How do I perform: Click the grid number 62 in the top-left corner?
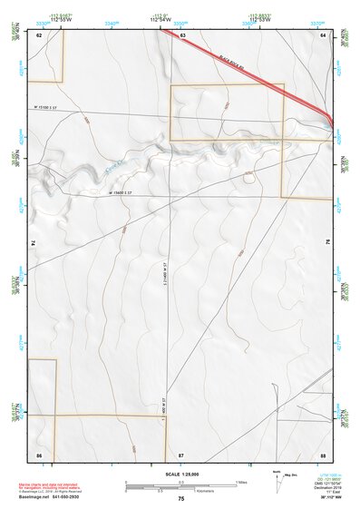click(x=39, y=35)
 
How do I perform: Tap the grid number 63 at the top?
click(x=183, y=35)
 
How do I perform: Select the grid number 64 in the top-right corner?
click(x=323, y=35)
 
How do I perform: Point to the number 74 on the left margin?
click(x=34, y=243)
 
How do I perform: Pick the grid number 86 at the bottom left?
click(x=39, y=453)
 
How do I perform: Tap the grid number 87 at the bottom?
click(x=181, y=453)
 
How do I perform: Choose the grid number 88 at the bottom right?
click(x=323, y=453)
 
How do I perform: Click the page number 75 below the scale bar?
click(x=181, y=499)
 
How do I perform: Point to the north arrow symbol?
click(x=277, y=480)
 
